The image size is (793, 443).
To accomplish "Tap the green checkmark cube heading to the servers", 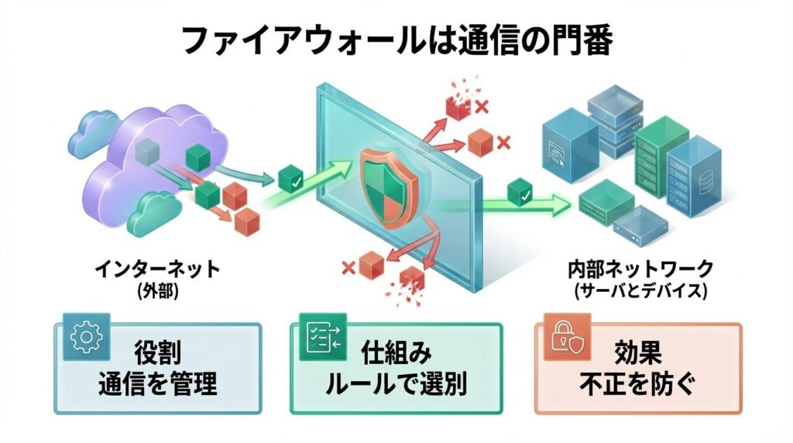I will tap(520, 193).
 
